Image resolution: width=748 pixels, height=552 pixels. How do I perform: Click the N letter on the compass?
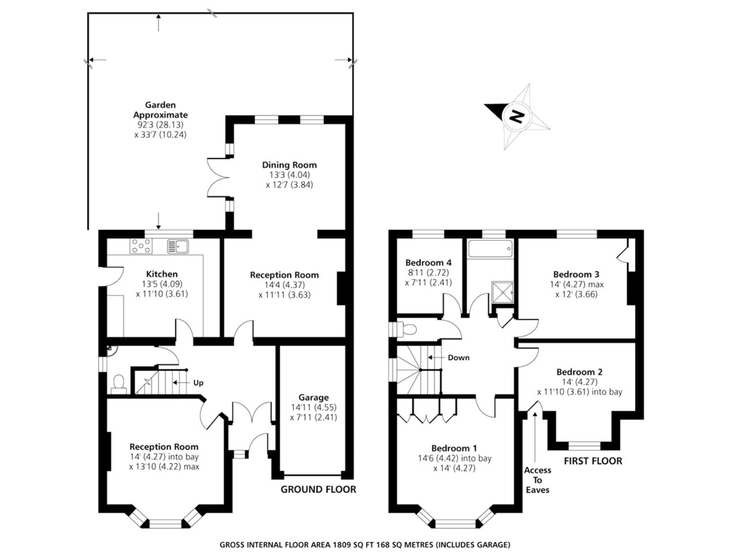click(516, 117)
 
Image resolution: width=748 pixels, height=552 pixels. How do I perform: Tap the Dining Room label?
click(289, 165)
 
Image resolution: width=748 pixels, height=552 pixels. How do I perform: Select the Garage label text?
click(313, 397)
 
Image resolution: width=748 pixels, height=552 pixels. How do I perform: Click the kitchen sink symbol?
click(178, 246)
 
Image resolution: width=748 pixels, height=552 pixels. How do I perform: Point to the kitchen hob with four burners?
click(141, 246)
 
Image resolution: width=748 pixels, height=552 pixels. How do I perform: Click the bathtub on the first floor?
click(490, 249)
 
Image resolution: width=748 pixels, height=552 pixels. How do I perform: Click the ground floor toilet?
click(118, 385)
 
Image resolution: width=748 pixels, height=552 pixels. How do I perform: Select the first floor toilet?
click(406, 330)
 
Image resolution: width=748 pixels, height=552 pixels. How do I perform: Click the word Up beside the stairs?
click(198, 383)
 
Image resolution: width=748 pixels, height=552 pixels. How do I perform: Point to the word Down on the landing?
click(458, 358)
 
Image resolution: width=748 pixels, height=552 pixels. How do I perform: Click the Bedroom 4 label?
click(428, 263)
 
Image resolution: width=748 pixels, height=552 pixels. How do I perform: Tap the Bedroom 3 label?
click(576, 275)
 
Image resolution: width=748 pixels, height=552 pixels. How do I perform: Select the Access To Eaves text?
click(537, 480)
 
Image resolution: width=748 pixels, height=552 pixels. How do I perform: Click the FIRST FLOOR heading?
click(593, 461)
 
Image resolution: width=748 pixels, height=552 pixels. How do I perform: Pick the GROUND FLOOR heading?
click(318, 489)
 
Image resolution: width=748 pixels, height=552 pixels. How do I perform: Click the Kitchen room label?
click(162, 274)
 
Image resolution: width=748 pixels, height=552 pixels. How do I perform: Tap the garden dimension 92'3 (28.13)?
click(160, 125)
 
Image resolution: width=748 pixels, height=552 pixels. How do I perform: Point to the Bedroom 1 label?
click(454, 448)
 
